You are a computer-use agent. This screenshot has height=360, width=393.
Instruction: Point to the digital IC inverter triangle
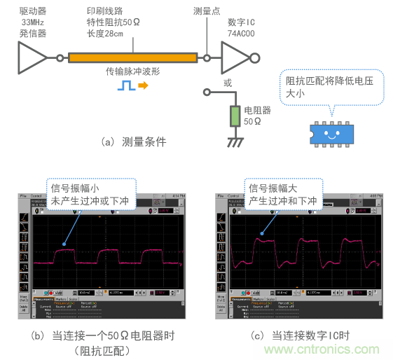click(235, 58)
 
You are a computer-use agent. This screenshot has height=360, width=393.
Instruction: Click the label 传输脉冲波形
click(134, 71)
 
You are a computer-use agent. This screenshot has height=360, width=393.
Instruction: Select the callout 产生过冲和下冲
click(282, 201)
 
